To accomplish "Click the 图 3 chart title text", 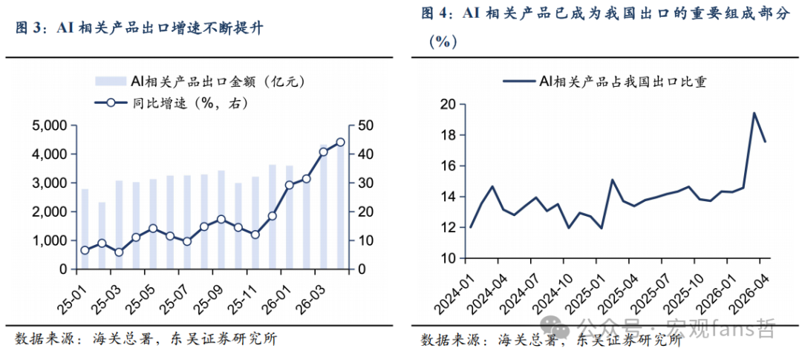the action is (x=140, y=29).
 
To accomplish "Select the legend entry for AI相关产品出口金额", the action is (x=200, y=82).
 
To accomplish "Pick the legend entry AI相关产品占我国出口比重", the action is (x=604, y=82).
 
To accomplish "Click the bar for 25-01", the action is (x=85, y=229).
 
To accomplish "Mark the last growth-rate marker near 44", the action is (x=340, y=143).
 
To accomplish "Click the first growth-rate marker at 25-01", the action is (x=85, y=250).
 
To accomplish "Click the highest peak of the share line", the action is (x=754, y=113).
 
